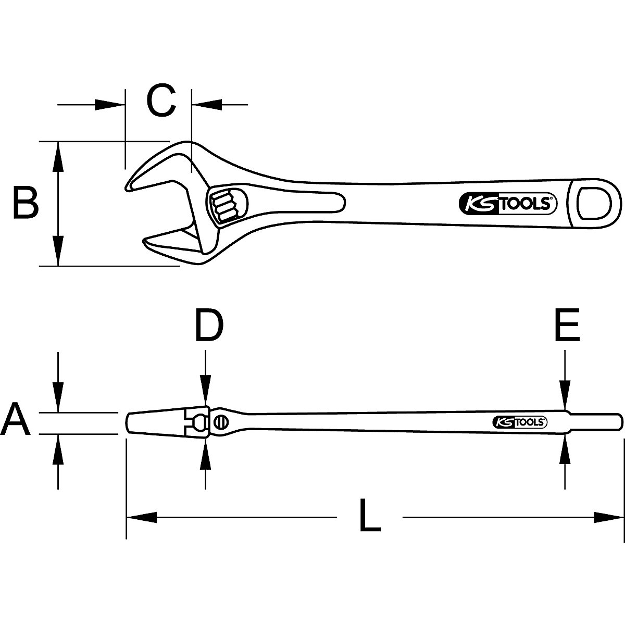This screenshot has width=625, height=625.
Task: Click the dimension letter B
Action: pos(26,204)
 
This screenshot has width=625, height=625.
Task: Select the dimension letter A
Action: pos(16,421)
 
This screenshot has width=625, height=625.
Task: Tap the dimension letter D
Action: pos(209,326)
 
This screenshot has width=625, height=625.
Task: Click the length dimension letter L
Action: pos(370,516)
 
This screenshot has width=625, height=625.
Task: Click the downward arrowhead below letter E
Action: pos(565,396)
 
